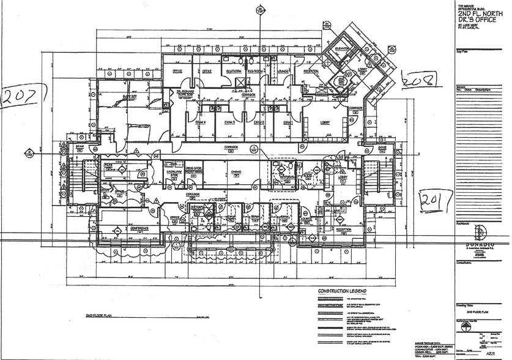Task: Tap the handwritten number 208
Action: [x=417, y=78]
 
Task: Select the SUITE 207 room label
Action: [x=129, y=96]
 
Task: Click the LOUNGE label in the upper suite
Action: [x=282, y=71]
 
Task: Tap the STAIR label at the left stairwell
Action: [x=80, y=147]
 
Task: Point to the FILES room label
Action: [x=108, y=165]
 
